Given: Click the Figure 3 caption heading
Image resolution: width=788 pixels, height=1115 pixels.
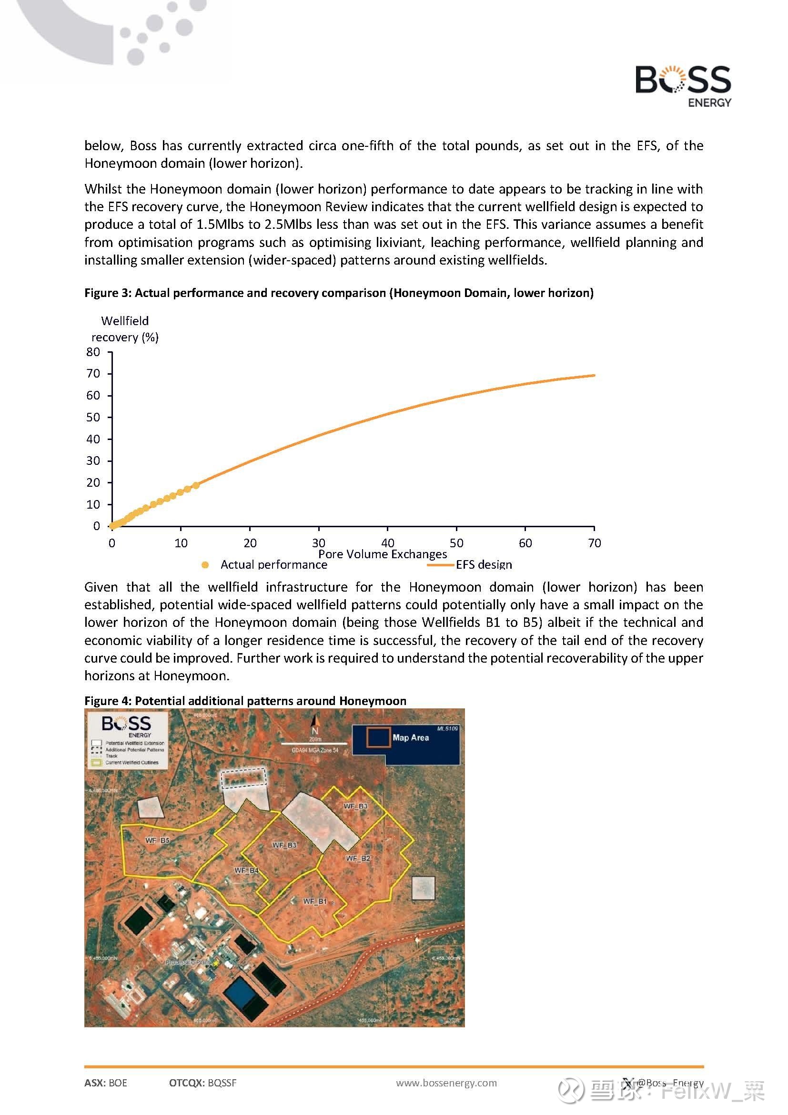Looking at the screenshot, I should pyautogui.click(x=339, y=293).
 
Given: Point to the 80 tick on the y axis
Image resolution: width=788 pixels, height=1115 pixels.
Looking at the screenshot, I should pyautogui.click(x=93, y=352).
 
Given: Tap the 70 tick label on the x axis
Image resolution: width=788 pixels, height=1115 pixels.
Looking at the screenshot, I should pyautogui.click(x=594, y=543).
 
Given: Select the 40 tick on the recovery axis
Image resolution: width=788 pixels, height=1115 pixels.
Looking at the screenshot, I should pyautogui.click(x=93, y=439).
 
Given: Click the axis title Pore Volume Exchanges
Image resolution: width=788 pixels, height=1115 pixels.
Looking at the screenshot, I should pyautogui.click(x=383, y=554).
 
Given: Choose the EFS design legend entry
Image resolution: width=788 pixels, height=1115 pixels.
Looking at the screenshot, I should pyautogui.click(x=483, y=565).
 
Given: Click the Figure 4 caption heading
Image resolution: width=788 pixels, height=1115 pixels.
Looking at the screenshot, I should pyautogui.click(x=245, y=701).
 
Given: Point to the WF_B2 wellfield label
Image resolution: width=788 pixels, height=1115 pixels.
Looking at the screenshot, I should pyautogui.click(x=358, y=859).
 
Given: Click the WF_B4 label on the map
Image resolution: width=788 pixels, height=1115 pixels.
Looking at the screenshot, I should pyautogui.click(x=246, y=871).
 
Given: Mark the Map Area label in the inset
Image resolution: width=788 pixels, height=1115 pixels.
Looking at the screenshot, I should pyautogui.click(x=411, y=737).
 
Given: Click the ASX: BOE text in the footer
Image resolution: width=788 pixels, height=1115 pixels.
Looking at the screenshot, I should pyautogui.click(x=106, y=1083).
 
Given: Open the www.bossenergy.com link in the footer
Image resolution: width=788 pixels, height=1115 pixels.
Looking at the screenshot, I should pyautogui.click(x=446, y=1083).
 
